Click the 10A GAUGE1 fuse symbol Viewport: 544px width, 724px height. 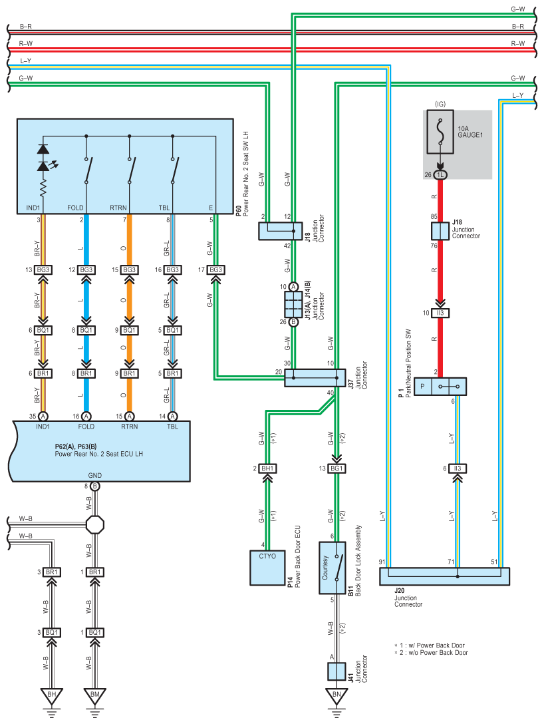tap(440, 132)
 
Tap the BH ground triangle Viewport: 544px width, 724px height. tap(52, 695)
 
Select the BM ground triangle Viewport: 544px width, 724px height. tap(94, 695)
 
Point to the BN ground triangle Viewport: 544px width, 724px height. tap(337, 695)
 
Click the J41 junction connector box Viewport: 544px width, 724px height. tap(337, 671)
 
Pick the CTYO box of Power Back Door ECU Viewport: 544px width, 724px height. tap(267, 568)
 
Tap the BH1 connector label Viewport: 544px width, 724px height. tap(267, 468)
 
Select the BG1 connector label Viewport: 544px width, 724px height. tap(337, 468)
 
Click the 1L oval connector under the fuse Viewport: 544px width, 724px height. tap(440, 174)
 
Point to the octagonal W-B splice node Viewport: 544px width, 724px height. tap(94, 524)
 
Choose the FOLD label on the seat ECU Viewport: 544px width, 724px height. tap(86, 427)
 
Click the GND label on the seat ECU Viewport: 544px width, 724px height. tap(94, 475)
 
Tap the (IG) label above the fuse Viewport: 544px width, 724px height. tap(440, 104)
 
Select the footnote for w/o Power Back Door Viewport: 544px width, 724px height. tap(431, 652)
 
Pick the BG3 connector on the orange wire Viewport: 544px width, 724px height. tap(129, 270)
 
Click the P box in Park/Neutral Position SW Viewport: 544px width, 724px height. tap(423, 387)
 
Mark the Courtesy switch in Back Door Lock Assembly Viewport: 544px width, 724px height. tap(333, 568)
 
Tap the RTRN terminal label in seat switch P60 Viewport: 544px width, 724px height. tap(118, 208)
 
